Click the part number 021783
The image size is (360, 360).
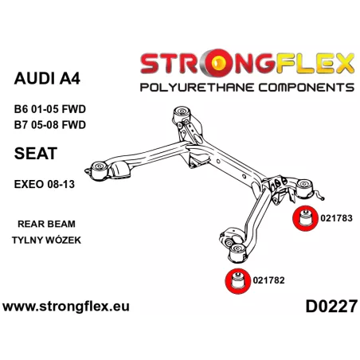[336, 218]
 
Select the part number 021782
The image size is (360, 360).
[268, 280]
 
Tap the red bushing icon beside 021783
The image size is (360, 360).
[305, 218]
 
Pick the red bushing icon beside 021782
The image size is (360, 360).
[237, 281]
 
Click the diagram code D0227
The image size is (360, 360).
[331, 307]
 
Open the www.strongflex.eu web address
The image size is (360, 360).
[66, 307]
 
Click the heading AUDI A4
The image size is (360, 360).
[47, 78]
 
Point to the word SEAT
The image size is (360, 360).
[36, 153]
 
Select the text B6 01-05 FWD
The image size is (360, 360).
[50, 109]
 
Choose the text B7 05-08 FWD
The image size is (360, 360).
[50, 125]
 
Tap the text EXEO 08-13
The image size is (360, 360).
[45, 184]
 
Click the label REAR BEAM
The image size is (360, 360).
[46, 224]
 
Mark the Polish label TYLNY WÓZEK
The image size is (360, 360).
[46, 240]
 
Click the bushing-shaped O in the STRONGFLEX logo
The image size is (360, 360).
[219, 63]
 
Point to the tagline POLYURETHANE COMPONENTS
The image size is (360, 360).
[247, 88]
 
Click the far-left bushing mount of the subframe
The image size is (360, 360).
[100, 170]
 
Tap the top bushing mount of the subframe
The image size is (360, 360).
[182, 114]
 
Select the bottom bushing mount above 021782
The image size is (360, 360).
[237, 252]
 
